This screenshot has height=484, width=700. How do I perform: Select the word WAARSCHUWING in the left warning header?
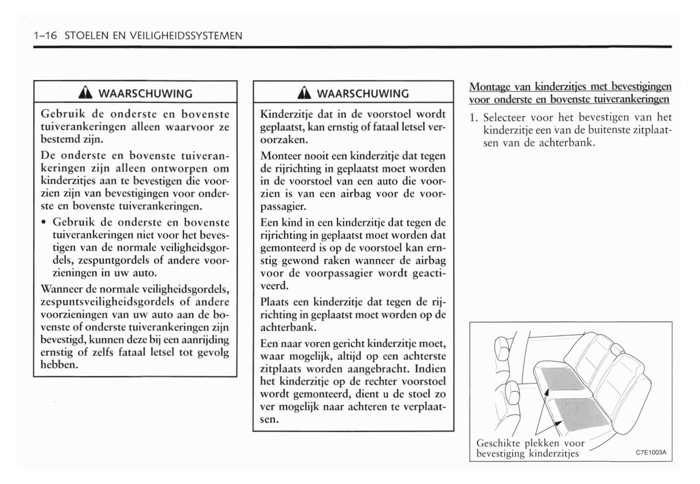(145, 93)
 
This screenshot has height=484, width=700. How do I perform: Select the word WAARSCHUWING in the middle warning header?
(363, 93)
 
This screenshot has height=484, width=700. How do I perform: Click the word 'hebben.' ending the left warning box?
(60, 365)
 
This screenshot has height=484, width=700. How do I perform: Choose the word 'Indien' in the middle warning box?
(430, 369)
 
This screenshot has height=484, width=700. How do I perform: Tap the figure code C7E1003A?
(651, 453)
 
